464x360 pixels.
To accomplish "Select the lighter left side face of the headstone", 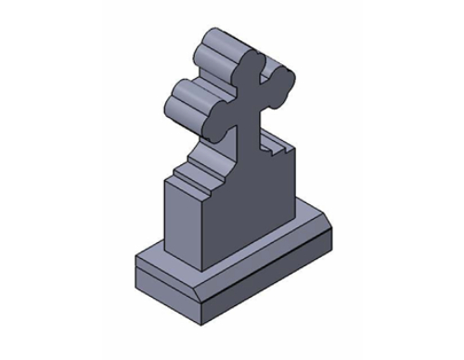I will pyautogui.click(x=182, y=218).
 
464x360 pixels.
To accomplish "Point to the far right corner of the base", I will pyautogui.click(x=333, y=226).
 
